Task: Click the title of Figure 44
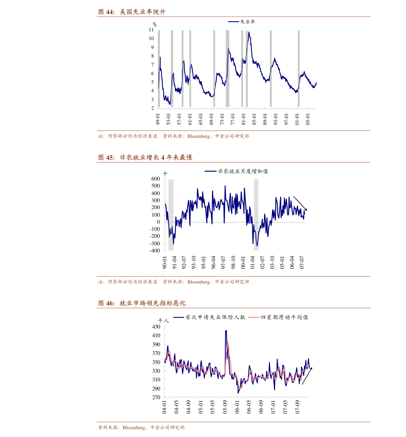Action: click(132, 12)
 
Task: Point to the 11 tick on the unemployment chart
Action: click(151, 30)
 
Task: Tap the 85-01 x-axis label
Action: click(254, 119)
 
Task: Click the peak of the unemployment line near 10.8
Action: click(249, 32)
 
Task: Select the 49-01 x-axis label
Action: click(158, 119)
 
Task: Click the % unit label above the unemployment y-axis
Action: click(155, 25)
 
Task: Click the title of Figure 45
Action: click(145, 157)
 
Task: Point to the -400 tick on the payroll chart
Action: click(155, 251)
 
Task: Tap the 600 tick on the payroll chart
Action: click(156, 179)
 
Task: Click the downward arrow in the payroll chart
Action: click(300, 203)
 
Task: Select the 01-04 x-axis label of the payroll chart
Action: click(253, 262)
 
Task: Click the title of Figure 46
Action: click(142, 303)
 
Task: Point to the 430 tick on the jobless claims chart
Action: click(156, 327)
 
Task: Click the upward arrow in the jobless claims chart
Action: click(307, 376)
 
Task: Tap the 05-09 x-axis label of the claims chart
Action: click(225, 407)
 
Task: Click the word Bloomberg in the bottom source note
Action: click(134, 428)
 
